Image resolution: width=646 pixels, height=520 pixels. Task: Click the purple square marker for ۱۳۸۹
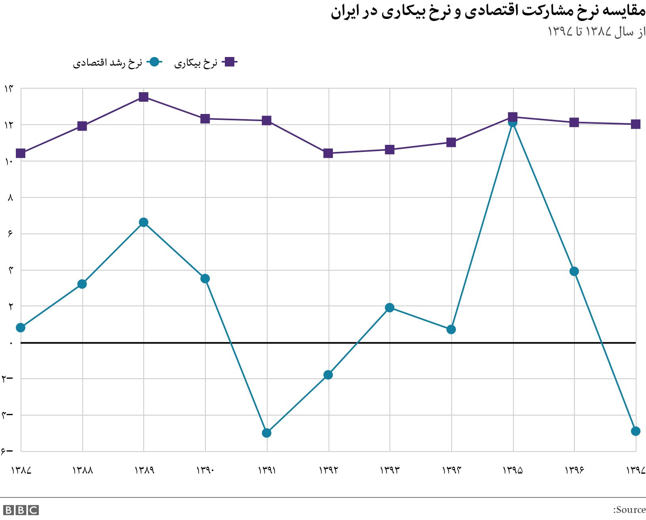tap(144, 97)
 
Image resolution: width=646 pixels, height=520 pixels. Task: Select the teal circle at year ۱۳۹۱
tap(267, 433)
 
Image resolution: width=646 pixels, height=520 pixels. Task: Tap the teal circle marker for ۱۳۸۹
tap(144, 222)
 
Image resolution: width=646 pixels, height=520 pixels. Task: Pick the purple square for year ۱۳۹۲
tap(328, 153)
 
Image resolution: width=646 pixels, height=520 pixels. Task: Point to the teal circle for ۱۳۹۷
tap(636, 431)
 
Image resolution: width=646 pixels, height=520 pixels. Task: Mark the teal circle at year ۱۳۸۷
tap(21, 328)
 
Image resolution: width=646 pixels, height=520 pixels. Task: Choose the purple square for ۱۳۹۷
tap(636, 124)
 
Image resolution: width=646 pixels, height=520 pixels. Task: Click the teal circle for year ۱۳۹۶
tap(574, 271)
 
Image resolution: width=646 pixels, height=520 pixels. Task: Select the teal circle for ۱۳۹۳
tap(389, 308)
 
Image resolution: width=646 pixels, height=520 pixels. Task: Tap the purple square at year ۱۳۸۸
tap(82, 126)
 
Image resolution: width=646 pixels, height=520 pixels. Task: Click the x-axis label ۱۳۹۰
tap(205, 470)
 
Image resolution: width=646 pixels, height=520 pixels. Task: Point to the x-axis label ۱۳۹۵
tap(513, 470)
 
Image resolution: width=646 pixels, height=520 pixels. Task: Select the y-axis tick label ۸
tap(10, 197)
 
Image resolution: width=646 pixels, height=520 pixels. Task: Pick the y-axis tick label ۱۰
tap(9, 161)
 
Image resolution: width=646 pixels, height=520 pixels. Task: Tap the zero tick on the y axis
tap(11, 343)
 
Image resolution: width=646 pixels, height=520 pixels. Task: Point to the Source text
tap(629, 510)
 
